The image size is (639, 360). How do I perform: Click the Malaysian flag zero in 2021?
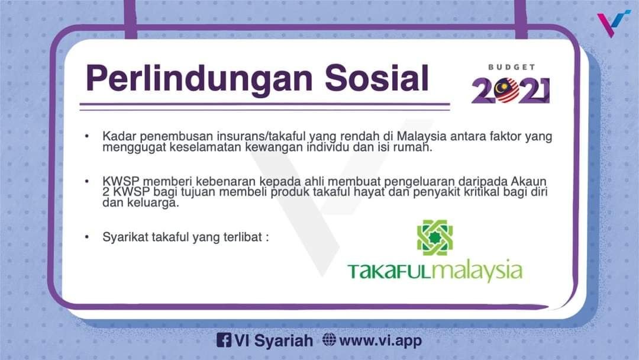[x=508, y=90]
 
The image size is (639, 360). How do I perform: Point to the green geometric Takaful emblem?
[x=435, y=236]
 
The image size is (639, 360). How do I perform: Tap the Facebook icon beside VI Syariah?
[x=224, y=340]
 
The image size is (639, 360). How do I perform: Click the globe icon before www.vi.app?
[x=330, y=340]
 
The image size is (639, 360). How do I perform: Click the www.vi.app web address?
[x=380, y=340]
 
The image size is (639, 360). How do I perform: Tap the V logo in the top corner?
[x=612, y=24]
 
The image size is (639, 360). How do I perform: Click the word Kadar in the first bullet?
[x=116, y=137]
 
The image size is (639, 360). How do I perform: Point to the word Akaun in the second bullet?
[x=531, y=181]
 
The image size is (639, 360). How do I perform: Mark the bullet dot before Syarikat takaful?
[x=88, y=237]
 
